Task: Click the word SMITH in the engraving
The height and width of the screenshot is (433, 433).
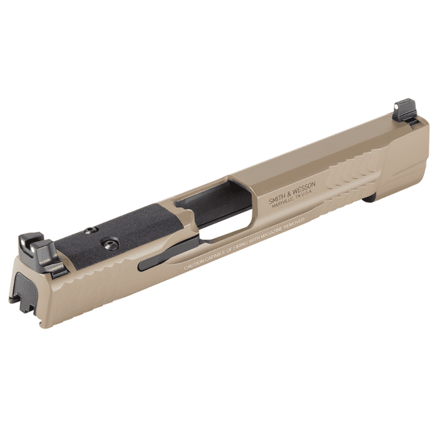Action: click(x=277, y=196)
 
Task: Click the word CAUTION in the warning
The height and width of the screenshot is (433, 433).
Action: click(x=196, y=265)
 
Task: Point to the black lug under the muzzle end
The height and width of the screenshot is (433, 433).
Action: click(x=369, y=199)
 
